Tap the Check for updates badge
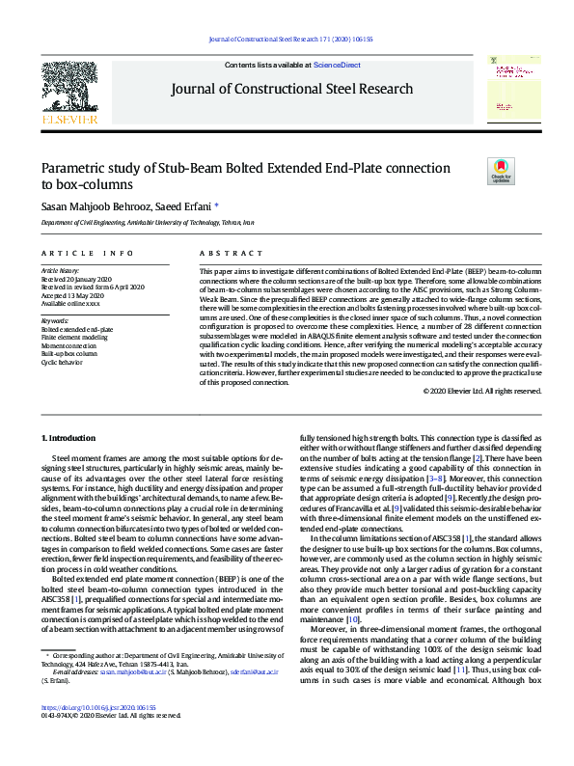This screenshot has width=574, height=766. point(501,173)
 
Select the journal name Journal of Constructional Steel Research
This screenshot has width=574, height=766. point(291,90)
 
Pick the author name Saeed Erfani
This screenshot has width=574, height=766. point(187,205)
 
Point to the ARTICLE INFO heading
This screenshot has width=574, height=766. point(87,253)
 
